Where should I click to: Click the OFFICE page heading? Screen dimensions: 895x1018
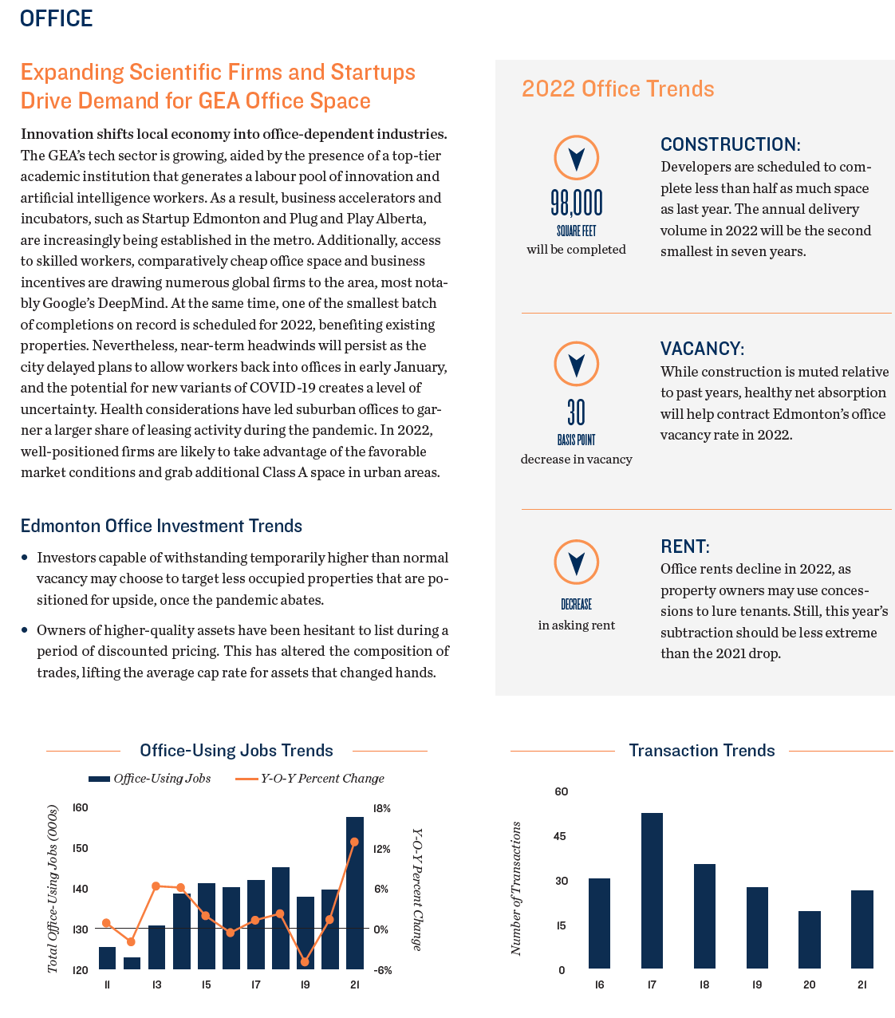56,18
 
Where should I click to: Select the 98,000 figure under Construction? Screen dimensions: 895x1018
576,203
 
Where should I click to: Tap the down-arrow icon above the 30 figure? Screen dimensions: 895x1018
576,363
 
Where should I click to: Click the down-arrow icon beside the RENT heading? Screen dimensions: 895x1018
576,562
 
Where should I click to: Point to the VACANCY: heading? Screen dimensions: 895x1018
702,348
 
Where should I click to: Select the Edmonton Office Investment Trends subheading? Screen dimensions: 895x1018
161,526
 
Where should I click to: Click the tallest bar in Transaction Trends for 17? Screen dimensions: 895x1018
652,890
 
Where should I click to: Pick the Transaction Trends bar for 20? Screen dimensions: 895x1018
809,940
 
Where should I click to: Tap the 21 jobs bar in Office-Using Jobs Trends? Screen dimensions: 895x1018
354,893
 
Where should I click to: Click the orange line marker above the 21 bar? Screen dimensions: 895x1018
354,842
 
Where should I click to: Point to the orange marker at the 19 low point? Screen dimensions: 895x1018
305,961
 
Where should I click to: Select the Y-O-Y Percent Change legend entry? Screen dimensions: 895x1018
310,779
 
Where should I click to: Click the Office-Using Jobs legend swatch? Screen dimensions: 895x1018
99,779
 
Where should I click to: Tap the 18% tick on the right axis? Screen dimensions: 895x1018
381,808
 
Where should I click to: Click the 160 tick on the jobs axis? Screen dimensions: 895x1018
81,807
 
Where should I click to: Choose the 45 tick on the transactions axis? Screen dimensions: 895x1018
559,836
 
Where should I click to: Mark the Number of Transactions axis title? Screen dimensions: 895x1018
515,889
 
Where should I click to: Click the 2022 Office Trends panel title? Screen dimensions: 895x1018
617,89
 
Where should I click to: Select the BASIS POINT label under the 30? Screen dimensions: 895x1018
576,440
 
